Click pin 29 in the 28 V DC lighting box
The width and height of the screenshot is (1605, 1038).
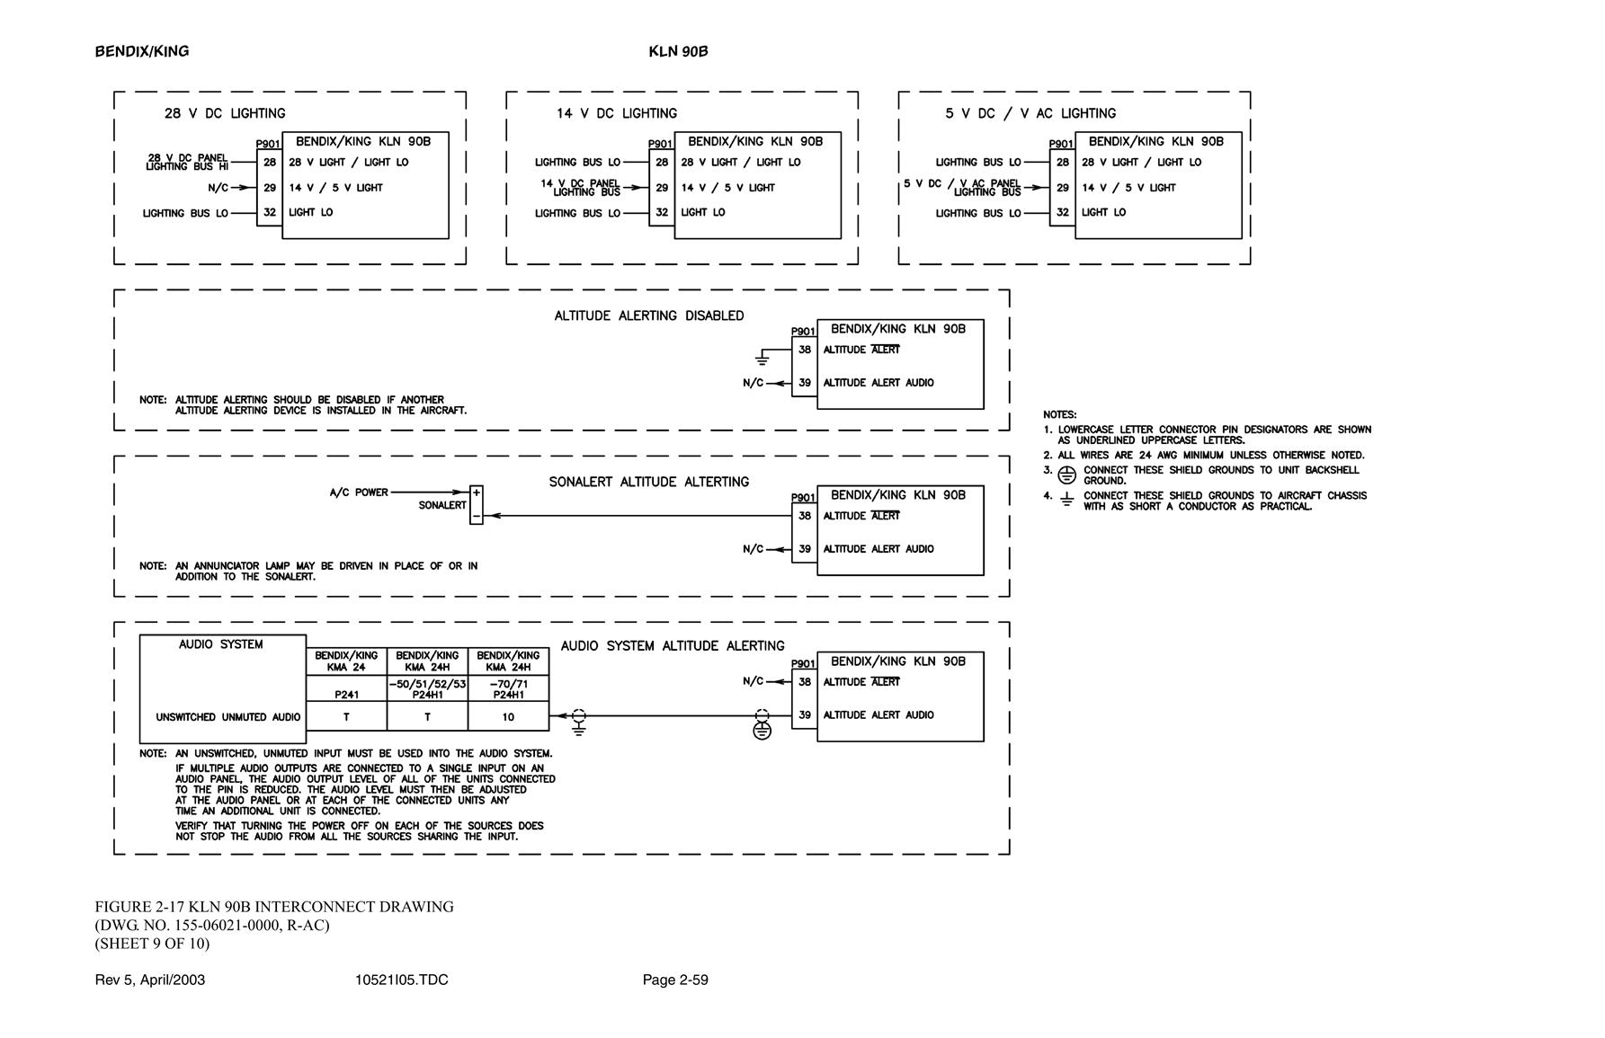pos(270,188)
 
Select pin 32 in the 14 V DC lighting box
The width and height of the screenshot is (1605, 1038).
pos(662,213)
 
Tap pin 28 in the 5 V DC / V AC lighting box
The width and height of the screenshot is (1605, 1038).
pos(1063,163)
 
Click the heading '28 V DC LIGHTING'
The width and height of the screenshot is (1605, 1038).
pos(225,113)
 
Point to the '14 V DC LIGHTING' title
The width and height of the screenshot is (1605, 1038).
pos(617,113)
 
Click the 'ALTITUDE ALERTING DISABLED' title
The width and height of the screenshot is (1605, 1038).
pos(649,315)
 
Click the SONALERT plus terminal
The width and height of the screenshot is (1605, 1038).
pos(477,492)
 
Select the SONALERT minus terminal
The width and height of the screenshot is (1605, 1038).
pos(477,517)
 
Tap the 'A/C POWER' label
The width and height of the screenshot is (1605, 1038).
pos(359,492)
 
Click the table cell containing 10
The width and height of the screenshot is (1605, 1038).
pos(508,716)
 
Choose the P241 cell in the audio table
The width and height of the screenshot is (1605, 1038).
pos(346,689)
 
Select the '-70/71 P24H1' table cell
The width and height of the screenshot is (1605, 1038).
pos(508,689)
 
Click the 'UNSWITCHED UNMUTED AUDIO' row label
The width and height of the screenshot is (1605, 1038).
pos(228,717)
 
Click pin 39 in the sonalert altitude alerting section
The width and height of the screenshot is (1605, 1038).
pos(805,549)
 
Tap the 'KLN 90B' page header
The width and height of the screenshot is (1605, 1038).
pos(678,51)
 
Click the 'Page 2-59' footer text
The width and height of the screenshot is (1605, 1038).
pos(675,980)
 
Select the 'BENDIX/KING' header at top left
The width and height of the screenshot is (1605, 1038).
pos(142,51)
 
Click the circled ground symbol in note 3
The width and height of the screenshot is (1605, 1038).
pos(1066,475)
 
